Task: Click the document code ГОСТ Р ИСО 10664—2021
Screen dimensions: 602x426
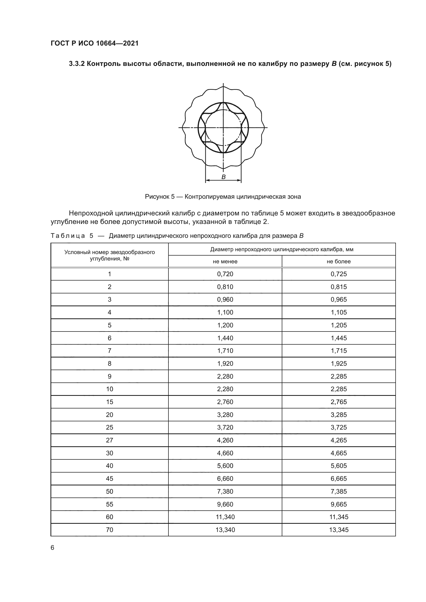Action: [95, 43]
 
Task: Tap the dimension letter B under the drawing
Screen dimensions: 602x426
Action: [224, 177]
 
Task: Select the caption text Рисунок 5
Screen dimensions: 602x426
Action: [159, 197]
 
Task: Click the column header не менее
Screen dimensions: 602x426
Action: [225, 261]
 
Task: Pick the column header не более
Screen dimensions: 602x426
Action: [339, 261]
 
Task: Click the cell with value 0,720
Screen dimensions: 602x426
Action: [225, 274]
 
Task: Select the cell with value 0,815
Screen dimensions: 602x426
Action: [339, 287]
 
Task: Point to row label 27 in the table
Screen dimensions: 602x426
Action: [109, 440]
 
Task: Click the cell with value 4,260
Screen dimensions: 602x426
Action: [225, 440]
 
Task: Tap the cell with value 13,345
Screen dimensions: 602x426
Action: [339, 530]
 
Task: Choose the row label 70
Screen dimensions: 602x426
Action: [109, 530]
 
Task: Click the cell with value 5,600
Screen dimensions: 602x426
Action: [225, 466]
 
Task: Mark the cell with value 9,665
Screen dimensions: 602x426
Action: [339, 504]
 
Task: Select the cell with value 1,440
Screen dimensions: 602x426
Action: [225, 338]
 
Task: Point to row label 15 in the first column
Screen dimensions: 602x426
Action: [109, 402]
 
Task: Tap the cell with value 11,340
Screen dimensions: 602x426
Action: [225, 517]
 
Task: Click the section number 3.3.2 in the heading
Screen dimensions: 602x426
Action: [76, 64]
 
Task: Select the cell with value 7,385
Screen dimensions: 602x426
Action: [339, 491]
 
